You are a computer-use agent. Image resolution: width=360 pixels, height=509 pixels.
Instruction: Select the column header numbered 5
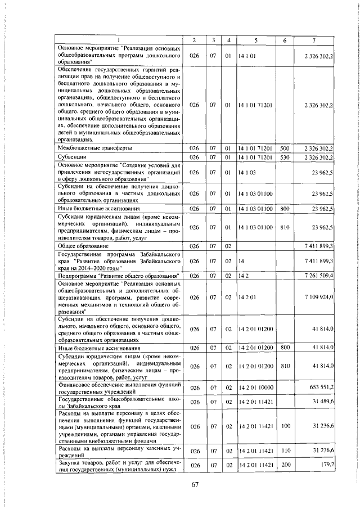tap(255, 40)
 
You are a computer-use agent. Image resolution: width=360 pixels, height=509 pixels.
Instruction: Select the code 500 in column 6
tap(284, 147)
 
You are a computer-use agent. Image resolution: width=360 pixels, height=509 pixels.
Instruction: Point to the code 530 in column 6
tap(284, 156)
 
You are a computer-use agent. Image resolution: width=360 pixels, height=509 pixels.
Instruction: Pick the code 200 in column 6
tap(284, 464)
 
